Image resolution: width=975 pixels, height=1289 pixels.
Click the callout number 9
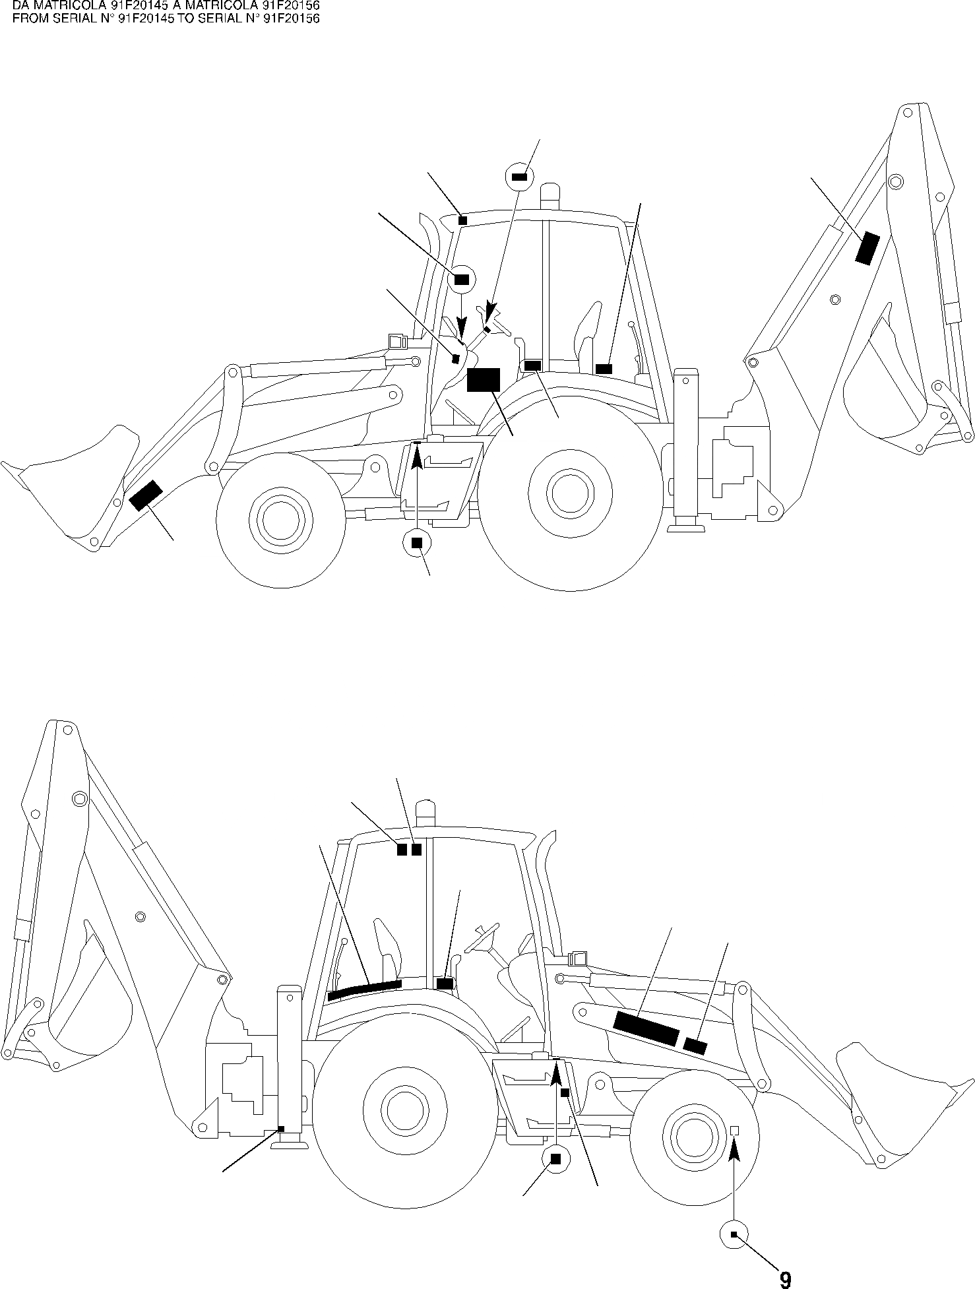(x=785, y=1280)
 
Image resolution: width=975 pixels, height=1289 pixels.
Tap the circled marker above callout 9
(x=734, y=1234)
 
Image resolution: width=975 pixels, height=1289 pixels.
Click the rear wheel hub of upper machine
(x=570, y=493)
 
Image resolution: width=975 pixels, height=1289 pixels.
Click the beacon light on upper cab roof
(x=549, y=196)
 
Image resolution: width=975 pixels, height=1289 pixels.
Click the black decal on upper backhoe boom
(x=867, y=249)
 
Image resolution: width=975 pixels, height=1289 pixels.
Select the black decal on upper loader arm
(x=146, y=495)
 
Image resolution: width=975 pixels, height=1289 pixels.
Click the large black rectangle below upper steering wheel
(x=483, y=381)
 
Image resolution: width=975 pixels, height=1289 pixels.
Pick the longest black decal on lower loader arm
(x=645, y=1028)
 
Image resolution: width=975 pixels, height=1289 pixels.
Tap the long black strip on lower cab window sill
(x=364, y=990)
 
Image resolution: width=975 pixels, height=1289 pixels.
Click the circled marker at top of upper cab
(x=519, y=177)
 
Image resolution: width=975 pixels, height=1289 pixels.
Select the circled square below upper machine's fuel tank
(x=416, y=543)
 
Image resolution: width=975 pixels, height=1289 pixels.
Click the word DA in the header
(x=20, y=6)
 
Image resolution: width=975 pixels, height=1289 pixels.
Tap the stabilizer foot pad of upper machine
(x=686, y=526)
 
